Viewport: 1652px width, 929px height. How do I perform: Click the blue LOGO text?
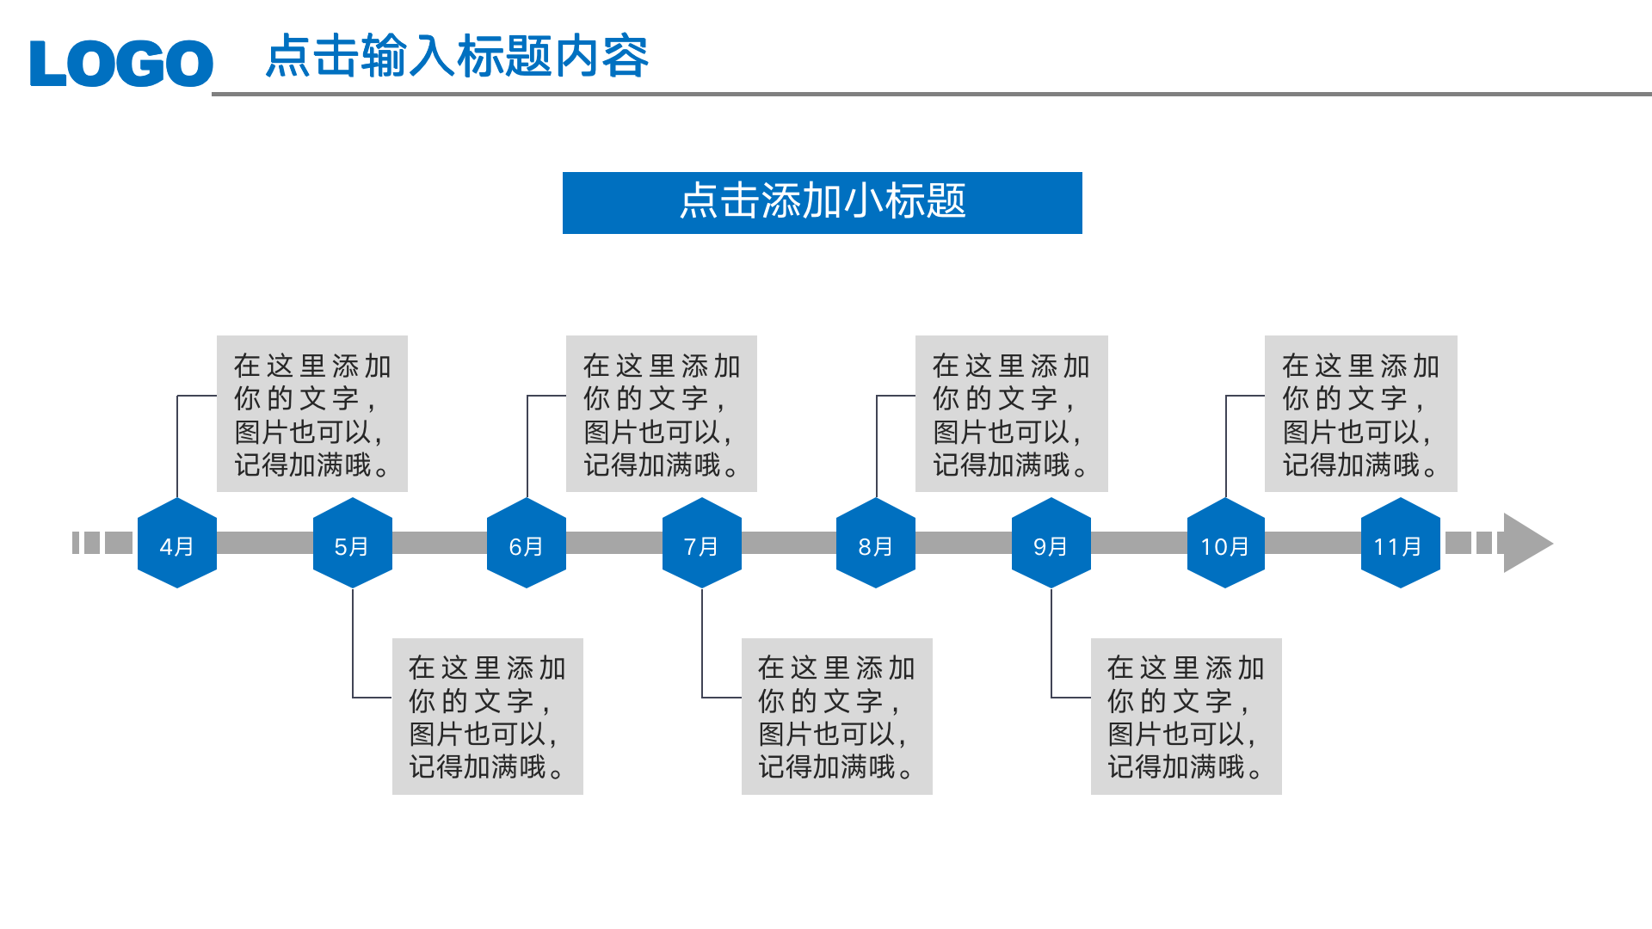pyautogui.click(x=121, y=63)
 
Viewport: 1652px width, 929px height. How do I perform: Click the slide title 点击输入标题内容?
pyautogui.click(x=457, y=57)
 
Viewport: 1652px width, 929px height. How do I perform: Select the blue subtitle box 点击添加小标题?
pyautogui.click(x=822, y=203)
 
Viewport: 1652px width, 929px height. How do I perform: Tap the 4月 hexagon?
pyautogui.click(x=177, y=544)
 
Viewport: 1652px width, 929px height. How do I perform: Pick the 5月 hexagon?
pyautogui.click(x=353, y=544)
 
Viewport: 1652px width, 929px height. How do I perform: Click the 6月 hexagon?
pyautogui.click(x=527, y=544)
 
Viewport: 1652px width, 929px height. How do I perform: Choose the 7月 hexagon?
pyautogui.click(x=702, y=544)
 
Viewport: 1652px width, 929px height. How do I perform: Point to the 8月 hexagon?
pyautogui.click(x=876, y=544)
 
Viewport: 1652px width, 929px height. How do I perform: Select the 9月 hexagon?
pyautogui.click(x=1051, y=544)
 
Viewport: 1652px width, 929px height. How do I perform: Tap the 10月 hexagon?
pyautogui.click(x=1225, y=544)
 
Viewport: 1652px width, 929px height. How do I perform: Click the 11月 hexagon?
pyautogui.click(x=1401, y=544)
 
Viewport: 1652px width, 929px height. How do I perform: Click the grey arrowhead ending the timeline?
pyautogui.click(x=1525, y=543)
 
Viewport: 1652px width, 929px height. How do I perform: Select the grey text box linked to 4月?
pyautogui.click(x=311, y=414)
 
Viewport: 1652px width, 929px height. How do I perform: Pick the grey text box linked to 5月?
pyautogui.click(x=487, y=717)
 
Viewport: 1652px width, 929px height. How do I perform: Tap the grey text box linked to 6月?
pyautogui.click(x=661, y=414)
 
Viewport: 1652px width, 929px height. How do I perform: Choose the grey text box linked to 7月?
pyautogui.click(x=836, y=717)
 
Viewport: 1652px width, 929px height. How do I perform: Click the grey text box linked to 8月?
pyautogui.click(x=1011, y=414)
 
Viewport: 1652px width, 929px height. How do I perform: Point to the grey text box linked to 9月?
pyautogui.click(x=1186, y=717)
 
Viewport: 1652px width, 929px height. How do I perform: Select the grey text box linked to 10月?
pyautogui.click(x=1360, y=414)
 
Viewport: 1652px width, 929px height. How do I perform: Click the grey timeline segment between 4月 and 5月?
pyautogui.click(x=265, y=543)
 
